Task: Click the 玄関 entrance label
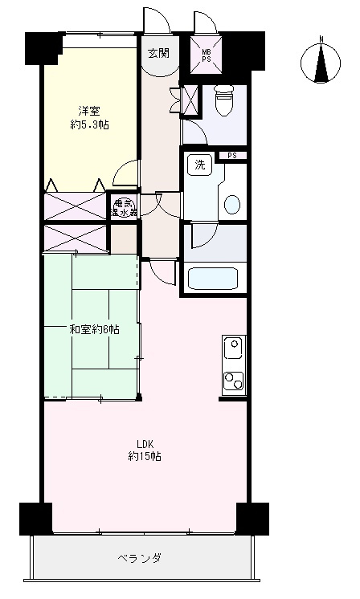tap(158, 54)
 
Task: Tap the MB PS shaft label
tap(207, 54)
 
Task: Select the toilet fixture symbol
tap(223, 100)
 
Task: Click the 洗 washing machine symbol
tap(200, 165)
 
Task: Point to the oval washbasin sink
tap(232, 205)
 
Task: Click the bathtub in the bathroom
tap(213, 279)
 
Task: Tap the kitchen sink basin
tap(234, 347)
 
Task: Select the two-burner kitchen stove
tap(234, 381)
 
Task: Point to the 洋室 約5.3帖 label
tap(89, 118)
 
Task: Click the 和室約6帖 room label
tap(94, 329)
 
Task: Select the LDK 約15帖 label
tap(145, 450)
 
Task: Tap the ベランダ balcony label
tap(139, 558)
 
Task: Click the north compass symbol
tap(321, 63)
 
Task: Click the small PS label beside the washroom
tap(232, 156)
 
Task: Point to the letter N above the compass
tap(321, 39)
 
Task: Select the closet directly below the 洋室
tap(75, 206)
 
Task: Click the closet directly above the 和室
tap(76, 238)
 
